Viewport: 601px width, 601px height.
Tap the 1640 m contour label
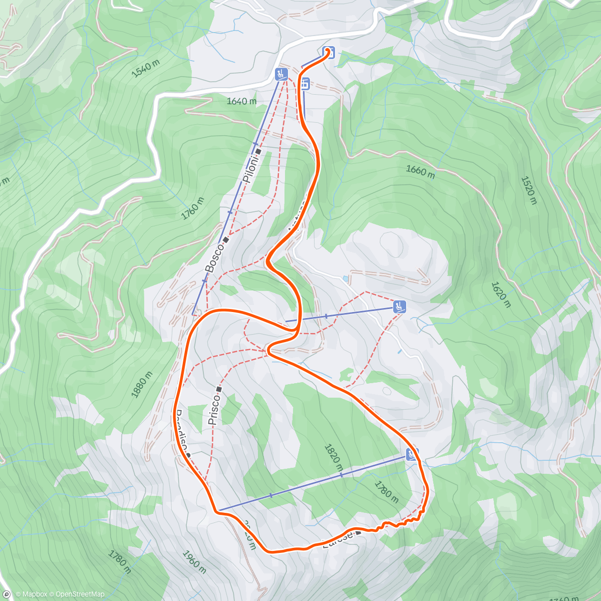click(241, 101)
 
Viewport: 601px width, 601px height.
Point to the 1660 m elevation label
click(420, 171)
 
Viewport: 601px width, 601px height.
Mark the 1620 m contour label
click(501, 294)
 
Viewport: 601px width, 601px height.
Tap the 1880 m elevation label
click(142, 385)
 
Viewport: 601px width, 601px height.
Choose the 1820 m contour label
click(334, 457)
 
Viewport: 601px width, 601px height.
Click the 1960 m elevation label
click(194, 562)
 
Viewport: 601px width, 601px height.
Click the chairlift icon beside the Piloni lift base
click(281, 75)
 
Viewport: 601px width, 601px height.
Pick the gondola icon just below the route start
click(305, 84)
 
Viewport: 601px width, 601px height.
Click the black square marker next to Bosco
click(226, 240)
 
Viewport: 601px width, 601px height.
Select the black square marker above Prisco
click(219, 389)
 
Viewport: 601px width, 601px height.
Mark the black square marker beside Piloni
click(258, 151)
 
